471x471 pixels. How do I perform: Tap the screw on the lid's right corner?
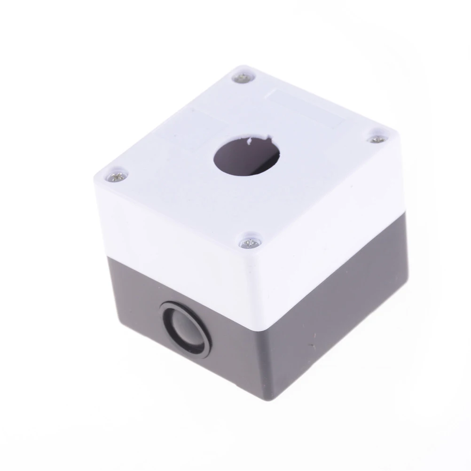click(376, 139)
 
